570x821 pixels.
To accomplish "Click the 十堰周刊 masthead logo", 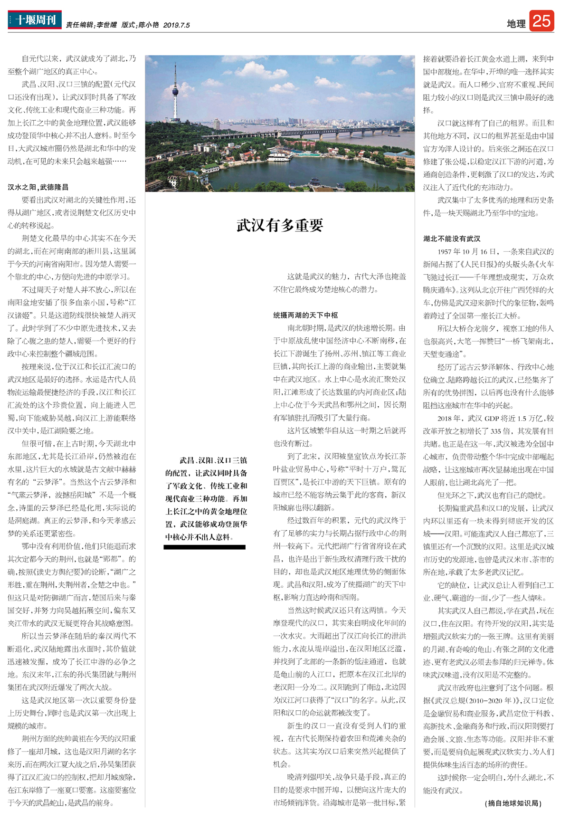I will [35, 20].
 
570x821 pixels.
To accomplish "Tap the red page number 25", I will [541, 21].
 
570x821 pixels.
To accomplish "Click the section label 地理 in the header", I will [516, 24].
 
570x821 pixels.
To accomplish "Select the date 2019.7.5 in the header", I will [176, 25].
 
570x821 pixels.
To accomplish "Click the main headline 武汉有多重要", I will [280, 225].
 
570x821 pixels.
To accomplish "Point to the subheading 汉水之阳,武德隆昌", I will [38, 187].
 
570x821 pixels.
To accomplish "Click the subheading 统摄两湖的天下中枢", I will [305, 315].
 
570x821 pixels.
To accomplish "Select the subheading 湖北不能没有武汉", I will [452, 239].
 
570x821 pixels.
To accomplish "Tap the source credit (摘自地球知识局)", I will [513, 803].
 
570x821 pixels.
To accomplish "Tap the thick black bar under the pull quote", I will [204, 547].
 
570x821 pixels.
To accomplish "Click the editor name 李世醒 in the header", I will [106, 25].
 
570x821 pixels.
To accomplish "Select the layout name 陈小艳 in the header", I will [148, 25].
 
